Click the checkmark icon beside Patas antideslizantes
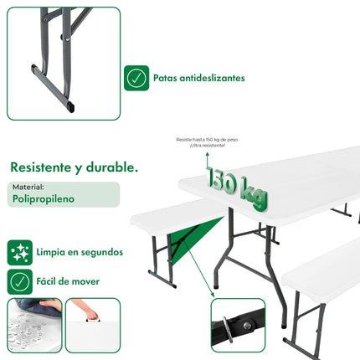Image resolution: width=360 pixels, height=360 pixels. point(136,78)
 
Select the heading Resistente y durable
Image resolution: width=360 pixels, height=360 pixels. point(75,167)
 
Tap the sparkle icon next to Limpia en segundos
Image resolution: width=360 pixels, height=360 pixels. point(20,251)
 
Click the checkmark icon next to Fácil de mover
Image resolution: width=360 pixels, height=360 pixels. point(20,280)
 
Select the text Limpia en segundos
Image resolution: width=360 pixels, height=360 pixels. point(80,251)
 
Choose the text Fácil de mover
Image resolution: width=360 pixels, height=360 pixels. point(68,281)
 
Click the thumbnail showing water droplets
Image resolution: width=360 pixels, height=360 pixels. point(34,326)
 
